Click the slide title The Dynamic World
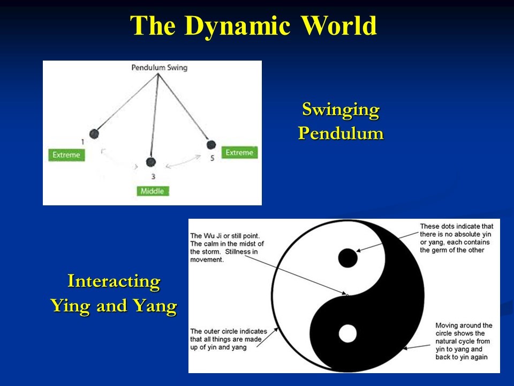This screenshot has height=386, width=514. click(254, 26)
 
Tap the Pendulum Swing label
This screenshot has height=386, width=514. click(159, 68)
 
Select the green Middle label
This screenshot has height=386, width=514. click(152, 191)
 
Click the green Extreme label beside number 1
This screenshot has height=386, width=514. click(66, 155)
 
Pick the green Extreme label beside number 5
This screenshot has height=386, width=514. click(239, 153)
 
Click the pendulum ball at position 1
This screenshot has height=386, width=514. click(94, 133)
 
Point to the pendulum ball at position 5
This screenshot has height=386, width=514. click(211, 145)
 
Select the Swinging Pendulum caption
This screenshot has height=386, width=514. click(341, 121)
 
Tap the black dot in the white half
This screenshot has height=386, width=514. click(347, 258)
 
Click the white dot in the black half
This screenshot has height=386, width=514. click(347, 333)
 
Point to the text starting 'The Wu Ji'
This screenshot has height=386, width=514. click(227, 248)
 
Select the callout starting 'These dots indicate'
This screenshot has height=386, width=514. click(456, 238)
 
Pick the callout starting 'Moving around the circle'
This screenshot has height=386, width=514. click(464, 341)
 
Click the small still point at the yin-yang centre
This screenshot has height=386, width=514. click(347, 295)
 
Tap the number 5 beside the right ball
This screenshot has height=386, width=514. click(212, 159)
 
